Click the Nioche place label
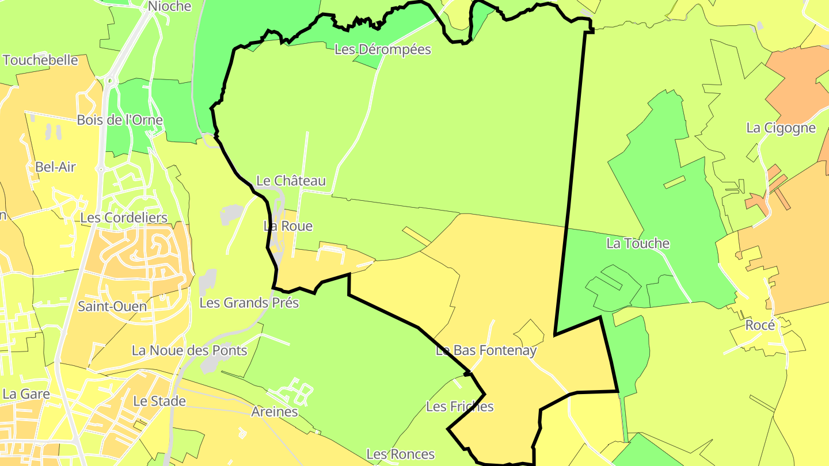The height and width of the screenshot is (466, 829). coord(169,6)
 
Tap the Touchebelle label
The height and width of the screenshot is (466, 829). coord(40,60)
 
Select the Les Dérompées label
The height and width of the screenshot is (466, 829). coord(383,49)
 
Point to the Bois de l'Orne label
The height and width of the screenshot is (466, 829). coord(120,120)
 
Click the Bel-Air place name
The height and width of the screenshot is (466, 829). coord(56,167)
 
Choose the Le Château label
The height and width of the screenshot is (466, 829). coord(291,181)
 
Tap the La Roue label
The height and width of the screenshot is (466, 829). coord(288,226)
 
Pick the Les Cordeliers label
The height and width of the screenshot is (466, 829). coord(124,217)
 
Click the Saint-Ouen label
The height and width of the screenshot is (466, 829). coord(112,306)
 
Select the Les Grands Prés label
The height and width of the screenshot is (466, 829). coord(249,303)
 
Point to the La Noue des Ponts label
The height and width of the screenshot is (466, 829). coord(189,350)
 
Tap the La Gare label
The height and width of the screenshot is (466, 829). coord(26,394)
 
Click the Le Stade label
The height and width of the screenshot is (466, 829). coord(159,401)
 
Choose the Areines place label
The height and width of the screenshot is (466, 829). coord(275,411)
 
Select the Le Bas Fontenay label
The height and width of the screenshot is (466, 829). coord(486,350)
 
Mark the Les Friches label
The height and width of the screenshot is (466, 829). coord(460,407)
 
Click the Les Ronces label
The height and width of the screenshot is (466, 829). coord(400,454)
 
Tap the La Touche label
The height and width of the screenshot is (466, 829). coord(638,243)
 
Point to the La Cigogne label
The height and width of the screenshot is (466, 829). coord(781,128)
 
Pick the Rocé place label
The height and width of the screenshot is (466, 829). coord(760,325)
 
